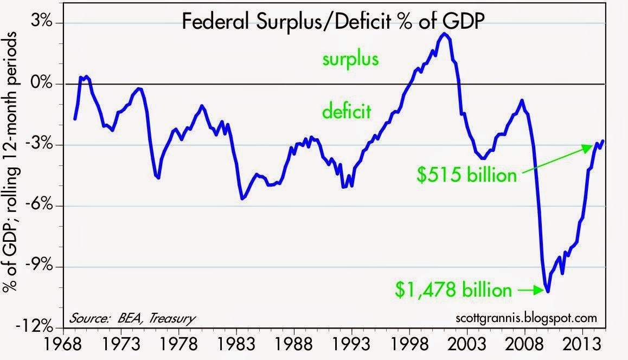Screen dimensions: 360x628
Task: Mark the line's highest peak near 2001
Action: [444, 34]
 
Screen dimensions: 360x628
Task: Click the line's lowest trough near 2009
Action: [548, 292]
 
